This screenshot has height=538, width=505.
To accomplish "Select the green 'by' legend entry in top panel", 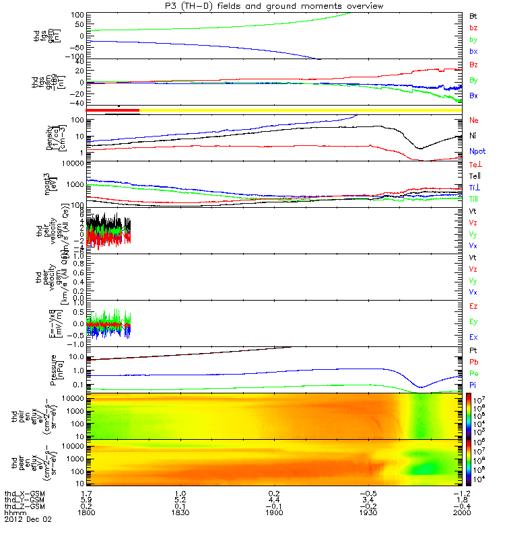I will click(x=473, y=40).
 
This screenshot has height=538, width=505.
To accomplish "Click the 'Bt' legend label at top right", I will click(x=473, y=15).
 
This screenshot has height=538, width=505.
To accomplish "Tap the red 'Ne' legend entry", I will click(x=473, y=120).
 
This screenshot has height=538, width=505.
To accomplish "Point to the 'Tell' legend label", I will click(x=475, y=176).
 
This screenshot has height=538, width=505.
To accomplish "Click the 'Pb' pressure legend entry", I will click(x=473, y=362).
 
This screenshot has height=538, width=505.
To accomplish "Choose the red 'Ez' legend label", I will click(x=473, y=306).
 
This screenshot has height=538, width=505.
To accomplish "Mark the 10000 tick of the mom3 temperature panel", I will click(x=70, y=163).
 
